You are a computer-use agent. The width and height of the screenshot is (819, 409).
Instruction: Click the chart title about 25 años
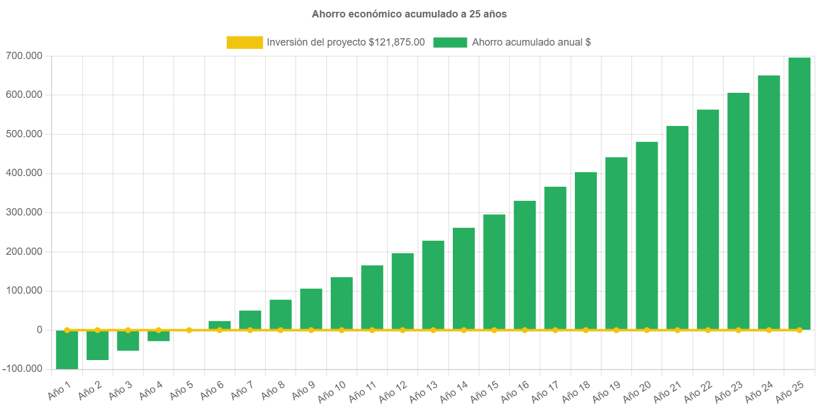[x=409, y=15]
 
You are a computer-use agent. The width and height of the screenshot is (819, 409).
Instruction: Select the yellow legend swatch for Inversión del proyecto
[x=245, y=42]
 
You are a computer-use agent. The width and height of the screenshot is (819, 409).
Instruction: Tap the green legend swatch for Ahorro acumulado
[x=450, y=42]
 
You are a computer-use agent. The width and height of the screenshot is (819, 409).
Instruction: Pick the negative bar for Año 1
[x=67, y=350]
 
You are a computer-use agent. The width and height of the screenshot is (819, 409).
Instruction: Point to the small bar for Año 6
[x=219, y=325]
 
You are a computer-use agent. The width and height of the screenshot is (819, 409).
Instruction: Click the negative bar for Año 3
[x=128, y=341]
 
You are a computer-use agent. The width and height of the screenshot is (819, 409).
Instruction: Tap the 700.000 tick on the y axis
[x=24, y=56]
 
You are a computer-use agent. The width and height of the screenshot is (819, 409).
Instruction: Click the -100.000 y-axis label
[x=23, y=368]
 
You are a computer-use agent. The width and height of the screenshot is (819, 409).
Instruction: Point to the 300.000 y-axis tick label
[x=24, y=212]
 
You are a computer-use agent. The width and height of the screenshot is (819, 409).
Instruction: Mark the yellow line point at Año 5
[x=189, y=330]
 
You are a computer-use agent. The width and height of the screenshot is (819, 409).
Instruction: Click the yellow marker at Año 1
[x=67, y=330]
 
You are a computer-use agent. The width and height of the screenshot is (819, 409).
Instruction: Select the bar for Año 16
[x=524, y=264]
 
